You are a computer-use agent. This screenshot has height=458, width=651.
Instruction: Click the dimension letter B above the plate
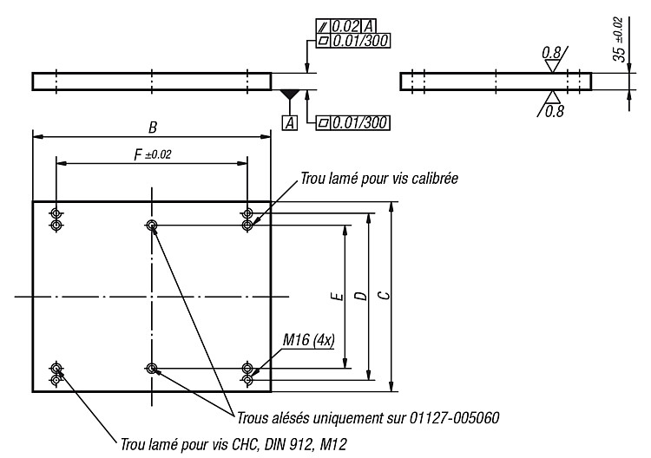[153, 128]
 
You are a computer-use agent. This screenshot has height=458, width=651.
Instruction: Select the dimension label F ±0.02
[153, 155]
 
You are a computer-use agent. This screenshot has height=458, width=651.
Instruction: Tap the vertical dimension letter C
[385, 295]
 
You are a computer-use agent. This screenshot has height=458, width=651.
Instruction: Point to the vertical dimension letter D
[361, 296]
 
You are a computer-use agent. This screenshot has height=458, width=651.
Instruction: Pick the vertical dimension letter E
[338, 296]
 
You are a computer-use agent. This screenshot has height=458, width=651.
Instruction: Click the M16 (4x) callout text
[308, 341]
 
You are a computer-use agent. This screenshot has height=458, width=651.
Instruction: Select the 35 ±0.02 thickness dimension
[619, 39]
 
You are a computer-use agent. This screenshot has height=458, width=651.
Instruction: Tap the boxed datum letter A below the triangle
[290, 123]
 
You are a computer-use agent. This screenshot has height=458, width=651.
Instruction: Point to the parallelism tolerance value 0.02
[345, 27]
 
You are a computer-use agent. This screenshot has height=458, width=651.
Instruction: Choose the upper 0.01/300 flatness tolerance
[360, 41]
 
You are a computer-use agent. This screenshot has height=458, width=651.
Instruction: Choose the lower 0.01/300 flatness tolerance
[360, 123]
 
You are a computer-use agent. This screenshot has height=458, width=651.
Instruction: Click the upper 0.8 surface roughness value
[551, 53]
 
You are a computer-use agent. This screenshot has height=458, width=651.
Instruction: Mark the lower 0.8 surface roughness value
[555, 111]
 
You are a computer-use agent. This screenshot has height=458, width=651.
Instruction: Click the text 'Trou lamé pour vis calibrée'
[379, 179]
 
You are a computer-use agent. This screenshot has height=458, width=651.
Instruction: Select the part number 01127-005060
[454, 418]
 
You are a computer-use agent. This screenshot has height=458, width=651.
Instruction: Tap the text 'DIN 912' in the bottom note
[289, 445]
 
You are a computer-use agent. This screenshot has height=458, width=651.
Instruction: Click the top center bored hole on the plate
[152, 225]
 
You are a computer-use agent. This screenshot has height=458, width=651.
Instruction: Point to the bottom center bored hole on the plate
[152, 368]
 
